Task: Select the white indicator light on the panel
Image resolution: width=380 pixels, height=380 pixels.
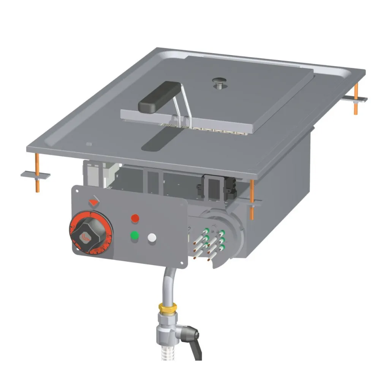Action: (152, 238)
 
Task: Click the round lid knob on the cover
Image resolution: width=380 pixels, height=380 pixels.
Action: (219, 81)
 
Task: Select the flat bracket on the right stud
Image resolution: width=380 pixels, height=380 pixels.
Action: (355, 99)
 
